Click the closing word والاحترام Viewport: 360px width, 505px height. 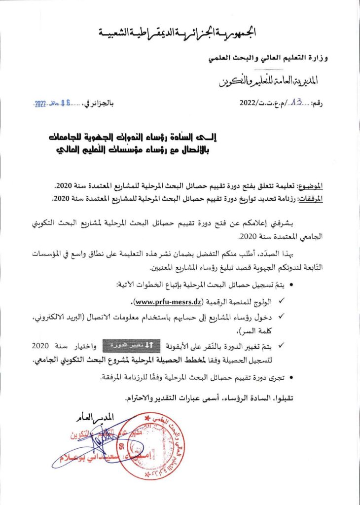[141, 397]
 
